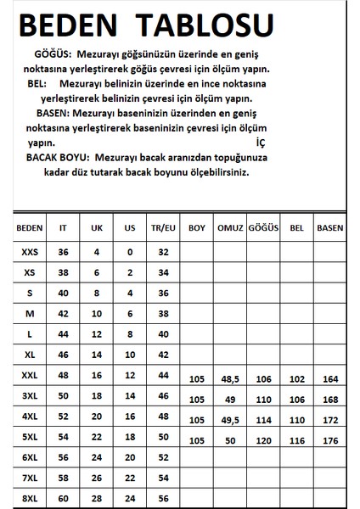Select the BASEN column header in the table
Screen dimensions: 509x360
coord(329,228)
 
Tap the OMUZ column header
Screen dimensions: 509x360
coord(230,228)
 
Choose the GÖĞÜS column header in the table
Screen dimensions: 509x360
coord(262,228)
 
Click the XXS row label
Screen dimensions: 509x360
coord(29,252)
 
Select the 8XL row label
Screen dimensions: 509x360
coord(29,499)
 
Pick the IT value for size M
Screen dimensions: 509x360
coord(62,313)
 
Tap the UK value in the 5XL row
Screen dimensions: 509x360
coord(96,436)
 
